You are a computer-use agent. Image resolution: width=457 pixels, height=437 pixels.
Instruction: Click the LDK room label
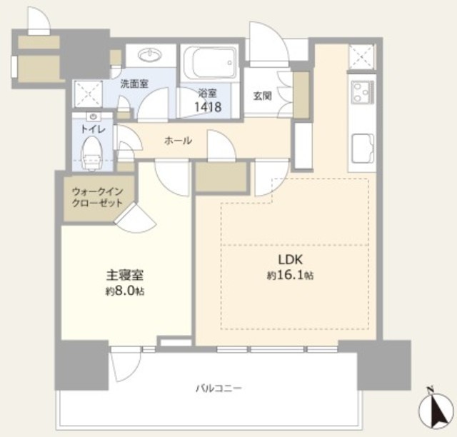291,259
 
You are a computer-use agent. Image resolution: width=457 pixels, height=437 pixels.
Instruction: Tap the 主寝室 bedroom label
125,275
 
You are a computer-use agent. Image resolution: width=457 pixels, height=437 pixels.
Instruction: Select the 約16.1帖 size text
291,275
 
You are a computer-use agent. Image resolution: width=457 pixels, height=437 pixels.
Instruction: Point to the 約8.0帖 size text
125,291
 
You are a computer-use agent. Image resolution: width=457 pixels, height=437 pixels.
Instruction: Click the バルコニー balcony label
219,388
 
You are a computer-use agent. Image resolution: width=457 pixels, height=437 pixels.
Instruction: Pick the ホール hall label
178,141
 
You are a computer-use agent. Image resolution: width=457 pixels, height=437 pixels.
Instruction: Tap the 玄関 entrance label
262,96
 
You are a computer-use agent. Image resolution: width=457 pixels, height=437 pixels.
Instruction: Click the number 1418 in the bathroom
208,107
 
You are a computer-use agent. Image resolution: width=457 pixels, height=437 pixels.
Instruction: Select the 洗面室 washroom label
134,84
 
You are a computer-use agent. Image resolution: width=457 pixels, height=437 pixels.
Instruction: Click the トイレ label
93,129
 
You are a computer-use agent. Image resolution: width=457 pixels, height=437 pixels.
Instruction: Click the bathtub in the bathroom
210,63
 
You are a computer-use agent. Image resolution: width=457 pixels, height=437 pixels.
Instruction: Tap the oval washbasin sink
149,54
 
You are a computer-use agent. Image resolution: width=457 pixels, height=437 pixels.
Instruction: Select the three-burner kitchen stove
362,92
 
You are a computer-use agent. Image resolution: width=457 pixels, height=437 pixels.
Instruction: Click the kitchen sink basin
363,149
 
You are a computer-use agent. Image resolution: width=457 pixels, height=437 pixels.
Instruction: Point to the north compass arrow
437,413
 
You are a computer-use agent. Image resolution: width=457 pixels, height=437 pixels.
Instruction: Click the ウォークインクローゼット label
97,197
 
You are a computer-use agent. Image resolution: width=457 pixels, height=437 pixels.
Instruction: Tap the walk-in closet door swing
136,218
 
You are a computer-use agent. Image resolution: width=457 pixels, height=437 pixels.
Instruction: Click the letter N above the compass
429,389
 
